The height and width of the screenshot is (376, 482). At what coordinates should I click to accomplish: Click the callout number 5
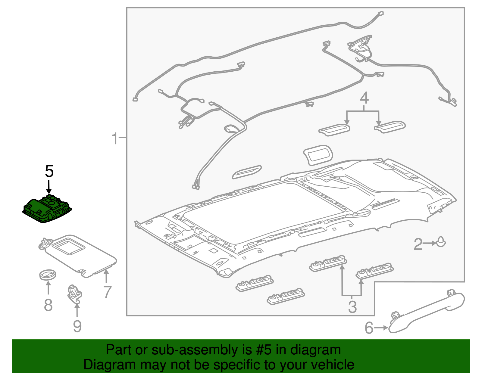pos(49,171)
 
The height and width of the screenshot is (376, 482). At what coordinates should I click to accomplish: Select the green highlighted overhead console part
pos(47,208)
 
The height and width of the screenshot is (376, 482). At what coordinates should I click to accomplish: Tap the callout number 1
pos(115,138)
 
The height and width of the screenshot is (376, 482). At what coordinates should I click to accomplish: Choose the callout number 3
pos(352,307)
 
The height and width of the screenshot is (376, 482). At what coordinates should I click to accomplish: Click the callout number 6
pos(369,328)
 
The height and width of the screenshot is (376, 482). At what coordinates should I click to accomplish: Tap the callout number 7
pos(107,292)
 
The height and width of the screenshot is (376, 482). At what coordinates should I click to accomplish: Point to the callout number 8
pos(48,305)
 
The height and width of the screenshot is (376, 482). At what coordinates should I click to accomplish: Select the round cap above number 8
pos(48,275)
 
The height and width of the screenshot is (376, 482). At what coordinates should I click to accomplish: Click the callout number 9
pos(77,326)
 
